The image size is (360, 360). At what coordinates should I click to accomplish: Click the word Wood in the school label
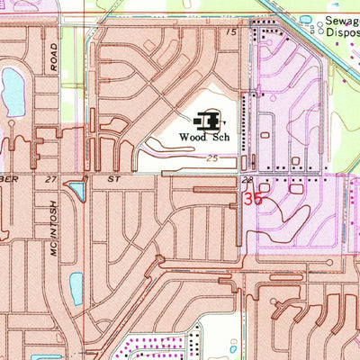tap(193, 138)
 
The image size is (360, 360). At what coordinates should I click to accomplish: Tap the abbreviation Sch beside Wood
tap(217, 138)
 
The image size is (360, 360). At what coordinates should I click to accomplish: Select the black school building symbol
tap(209, 119)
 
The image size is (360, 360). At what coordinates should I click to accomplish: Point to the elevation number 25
tap(212, 158)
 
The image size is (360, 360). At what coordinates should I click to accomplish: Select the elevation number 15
tap(232, 32)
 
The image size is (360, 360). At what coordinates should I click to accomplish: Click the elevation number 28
tap(245, 180)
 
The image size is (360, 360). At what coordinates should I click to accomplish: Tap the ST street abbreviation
tap(113, 180)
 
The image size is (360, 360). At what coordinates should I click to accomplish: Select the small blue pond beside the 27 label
tap(77, 190)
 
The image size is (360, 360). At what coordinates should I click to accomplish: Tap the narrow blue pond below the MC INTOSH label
tap(76, 288)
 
